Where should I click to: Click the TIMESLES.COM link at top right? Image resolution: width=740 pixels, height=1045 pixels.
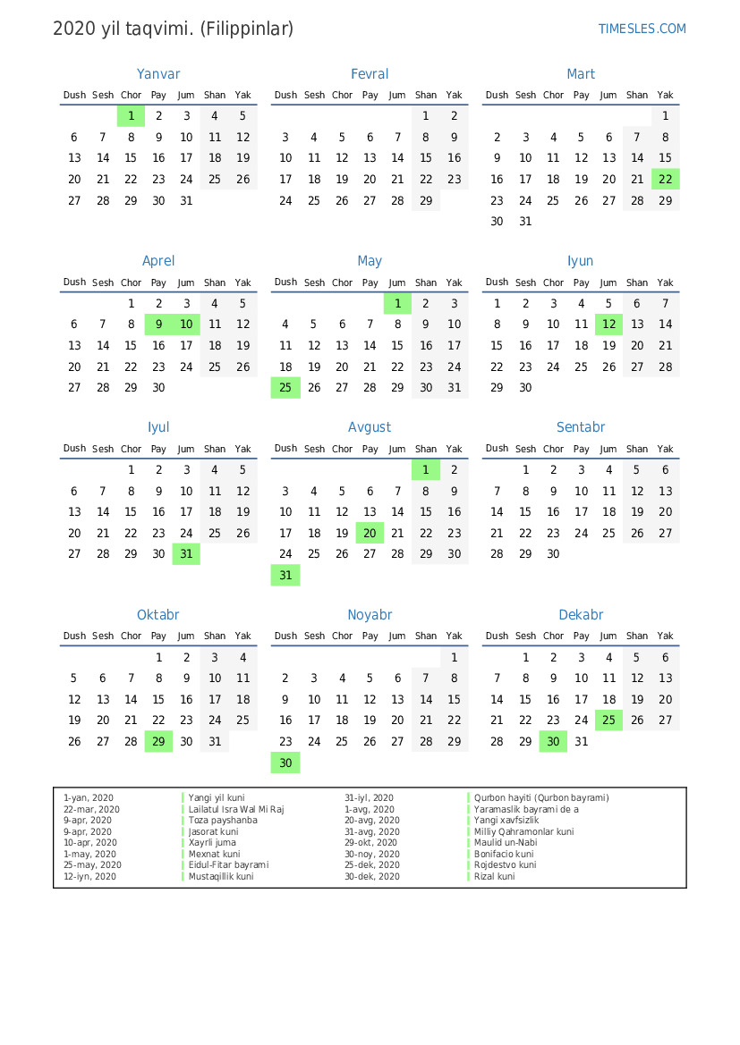pos(642,29)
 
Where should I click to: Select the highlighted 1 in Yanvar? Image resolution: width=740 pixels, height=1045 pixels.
pos(131,115)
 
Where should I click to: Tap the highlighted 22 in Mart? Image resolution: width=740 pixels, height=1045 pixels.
pos(665,179)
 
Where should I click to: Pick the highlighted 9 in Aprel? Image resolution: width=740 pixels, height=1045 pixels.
pos(158,324)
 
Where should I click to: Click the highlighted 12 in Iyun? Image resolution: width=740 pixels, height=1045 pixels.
pos(608,324)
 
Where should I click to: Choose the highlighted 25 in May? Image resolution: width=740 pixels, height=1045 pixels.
pos(285,388)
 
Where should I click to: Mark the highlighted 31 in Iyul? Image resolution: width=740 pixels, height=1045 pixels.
pos(186,554)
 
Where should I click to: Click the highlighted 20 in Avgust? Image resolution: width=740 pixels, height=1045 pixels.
pos(370,533)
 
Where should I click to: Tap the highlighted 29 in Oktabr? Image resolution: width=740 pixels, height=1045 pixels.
pos(158,741)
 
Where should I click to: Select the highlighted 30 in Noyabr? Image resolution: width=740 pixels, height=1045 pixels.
pos(285,763)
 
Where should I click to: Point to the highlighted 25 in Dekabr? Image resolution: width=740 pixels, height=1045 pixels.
pos(608,721)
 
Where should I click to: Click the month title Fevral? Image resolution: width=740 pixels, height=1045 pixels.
pos(370,74)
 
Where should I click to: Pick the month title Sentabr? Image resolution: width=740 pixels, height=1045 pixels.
pos(581,427)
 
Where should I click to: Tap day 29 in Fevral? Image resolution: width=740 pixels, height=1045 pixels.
pos(426,201)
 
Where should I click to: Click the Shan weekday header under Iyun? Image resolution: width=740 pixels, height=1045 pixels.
pos(637,282)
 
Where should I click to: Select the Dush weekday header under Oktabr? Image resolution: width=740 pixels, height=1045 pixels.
pos(74,636)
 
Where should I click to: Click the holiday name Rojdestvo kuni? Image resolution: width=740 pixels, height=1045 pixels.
pos(505,865)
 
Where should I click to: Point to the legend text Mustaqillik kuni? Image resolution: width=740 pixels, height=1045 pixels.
pos(220,877)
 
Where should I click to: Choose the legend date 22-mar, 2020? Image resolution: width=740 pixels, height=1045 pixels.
pos(91,809)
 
